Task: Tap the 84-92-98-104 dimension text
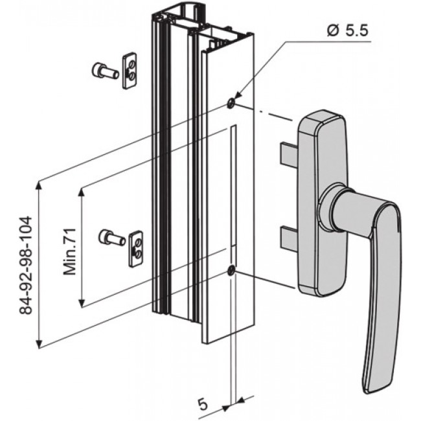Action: [x=27, y=266]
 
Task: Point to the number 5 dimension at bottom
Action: [x=202, y=404]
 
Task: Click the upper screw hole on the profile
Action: [x=231, y=103]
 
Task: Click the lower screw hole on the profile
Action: [x=231, y=271]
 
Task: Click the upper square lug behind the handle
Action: [x=289, y=154]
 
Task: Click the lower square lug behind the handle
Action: [x=289, y=238]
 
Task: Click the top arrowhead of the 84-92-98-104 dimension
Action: [x=40, y=187]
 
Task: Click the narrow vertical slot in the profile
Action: [x=231, y=188]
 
